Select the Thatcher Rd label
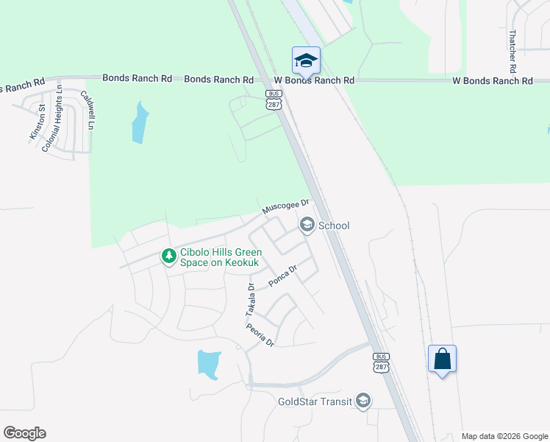[513, 51]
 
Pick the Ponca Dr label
[282, 276]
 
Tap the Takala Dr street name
[250, 301]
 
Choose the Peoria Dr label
[260, 335]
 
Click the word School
[333, 225]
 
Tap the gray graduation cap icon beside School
[307, 225]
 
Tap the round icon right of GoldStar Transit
[362, 401]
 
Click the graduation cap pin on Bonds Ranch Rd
[306, 60]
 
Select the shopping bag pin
[442, 359]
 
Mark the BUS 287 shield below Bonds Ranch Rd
[274, 102]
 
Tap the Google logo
[24, 433]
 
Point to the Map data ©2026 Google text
[504, 436]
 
